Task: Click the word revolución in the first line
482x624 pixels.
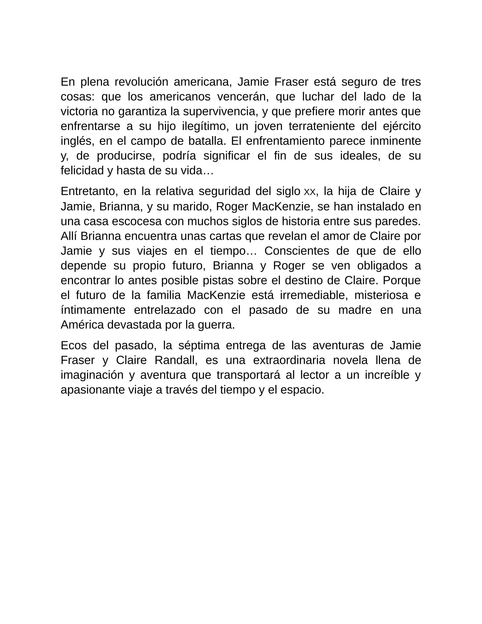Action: (x=141, y=82)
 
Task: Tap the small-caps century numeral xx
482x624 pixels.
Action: (x=310, y=192)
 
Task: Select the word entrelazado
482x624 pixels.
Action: (x=165, y=310)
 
